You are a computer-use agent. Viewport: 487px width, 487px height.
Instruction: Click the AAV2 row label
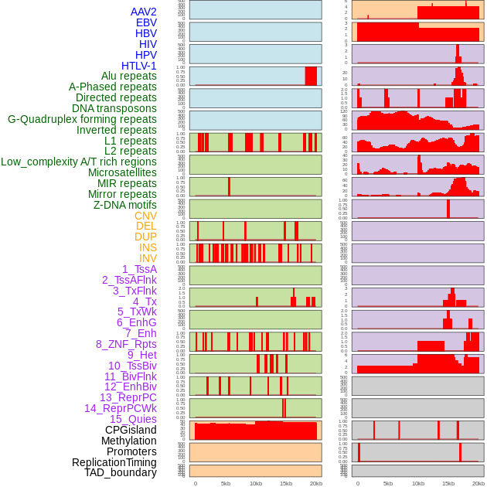[143, 12]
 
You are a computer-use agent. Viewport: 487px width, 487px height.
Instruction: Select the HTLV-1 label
[139, 66]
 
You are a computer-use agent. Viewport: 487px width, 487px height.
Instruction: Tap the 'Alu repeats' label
[129, 77]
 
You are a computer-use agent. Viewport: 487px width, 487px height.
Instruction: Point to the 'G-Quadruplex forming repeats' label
[82, 119]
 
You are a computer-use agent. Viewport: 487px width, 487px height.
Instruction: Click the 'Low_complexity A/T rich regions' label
[79, 162]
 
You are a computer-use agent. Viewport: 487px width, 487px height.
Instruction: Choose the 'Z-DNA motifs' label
[125, 205]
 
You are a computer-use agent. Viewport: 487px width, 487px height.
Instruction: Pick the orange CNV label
[145, 216]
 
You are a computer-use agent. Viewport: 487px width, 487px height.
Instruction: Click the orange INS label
[148, 247]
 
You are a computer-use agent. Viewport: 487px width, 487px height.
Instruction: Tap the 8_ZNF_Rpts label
[126, 344]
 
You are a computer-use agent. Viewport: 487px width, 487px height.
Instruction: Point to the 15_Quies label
[133, 419]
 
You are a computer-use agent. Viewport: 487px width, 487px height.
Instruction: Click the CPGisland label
[131, 430]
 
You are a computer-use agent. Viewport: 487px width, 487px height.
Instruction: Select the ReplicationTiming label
[114, 462]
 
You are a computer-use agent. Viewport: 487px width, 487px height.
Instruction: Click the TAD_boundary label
[121, 472]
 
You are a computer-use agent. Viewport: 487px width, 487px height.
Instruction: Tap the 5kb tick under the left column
[226, 483]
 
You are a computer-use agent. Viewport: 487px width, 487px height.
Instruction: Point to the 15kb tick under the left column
[286, 483]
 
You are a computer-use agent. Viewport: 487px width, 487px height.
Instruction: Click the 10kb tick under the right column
[417, 483]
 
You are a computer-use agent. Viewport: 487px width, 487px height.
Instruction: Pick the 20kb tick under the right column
[478, 483]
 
